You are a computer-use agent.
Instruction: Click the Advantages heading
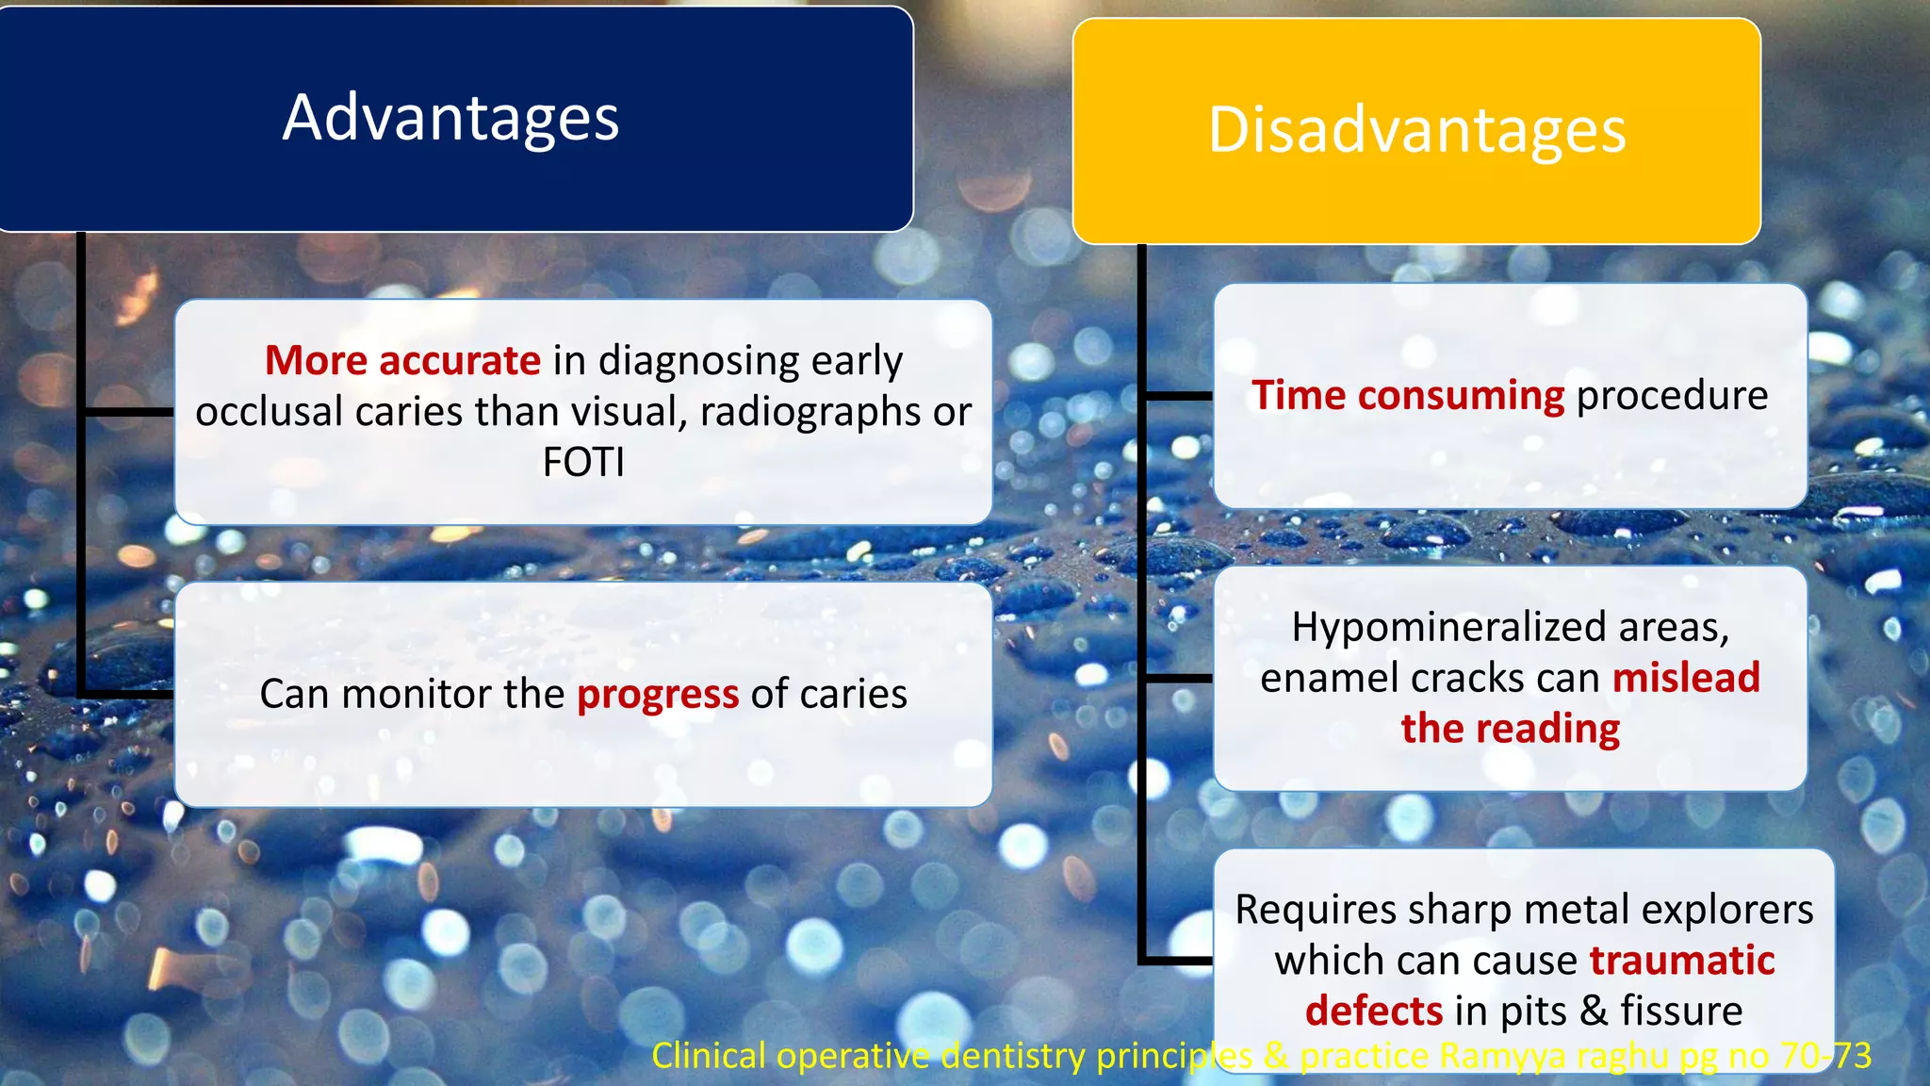point(450,118)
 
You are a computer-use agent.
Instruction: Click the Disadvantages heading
point(1416,129)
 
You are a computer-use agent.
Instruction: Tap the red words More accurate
point(402,361)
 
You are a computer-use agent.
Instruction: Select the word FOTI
point(583,463)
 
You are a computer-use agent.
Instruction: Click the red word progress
point(657,695)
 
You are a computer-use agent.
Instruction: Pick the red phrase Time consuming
point(1408,395)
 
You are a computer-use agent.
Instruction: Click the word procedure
point(1672,395)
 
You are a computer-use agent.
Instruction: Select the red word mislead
point(1686,678)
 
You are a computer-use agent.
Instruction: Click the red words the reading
point(1510,729)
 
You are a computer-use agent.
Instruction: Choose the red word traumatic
point(1682,961)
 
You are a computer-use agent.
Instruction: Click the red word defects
point(1373,1012)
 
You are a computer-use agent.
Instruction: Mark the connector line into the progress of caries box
point(127,695)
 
